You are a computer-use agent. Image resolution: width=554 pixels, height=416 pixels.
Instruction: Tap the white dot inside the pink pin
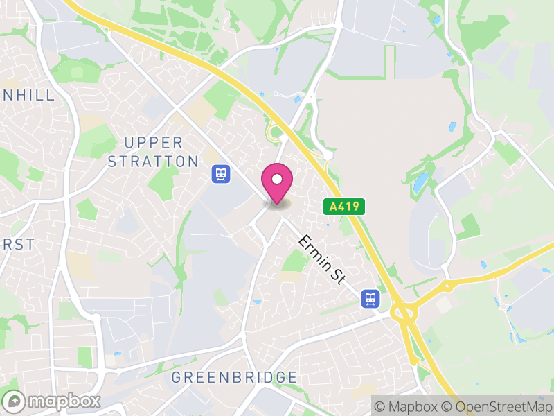point(277,179)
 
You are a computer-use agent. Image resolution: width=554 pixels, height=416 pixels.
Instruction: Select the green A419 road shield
point(343,206)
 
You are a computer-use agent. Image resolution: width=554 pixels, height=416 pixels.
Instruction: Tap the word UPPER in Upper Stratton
point(154,143)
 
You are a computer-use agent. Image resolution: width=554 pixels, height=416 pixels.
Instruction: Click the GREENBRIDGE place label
point(234,378)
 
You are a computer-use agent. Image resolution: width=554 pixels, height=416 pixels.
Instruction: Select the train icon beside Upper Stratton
point(221,173)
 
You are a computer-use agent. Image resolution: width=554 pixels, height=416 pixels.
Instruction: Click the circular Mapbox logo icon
point(14,401)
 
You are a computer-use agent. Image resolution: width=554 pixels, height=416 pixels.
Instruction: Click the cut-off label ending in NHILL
point(28,96)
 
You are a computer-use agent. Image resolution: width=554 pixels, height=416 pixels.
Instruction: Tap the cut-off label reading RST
point(17,245)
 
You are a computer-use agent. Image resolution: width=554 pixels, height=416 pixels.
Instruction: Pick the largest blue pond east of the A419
point(421,182)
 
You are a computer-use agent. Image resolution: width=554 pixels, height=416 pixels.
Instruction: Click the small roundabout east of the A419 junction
point(448,284)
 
